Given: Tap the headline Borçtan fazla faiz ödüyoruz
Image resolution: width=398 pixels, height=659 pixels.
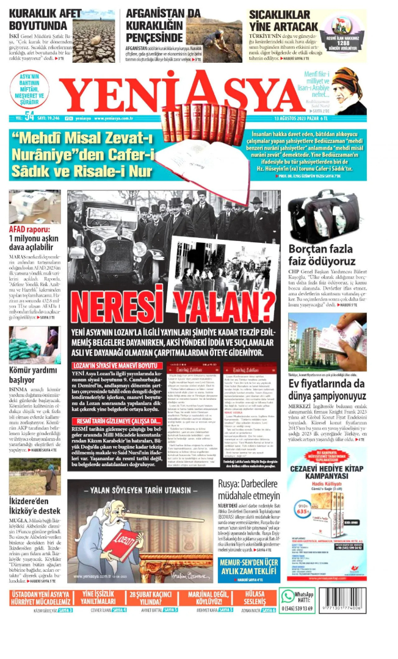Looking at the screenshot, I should point(320,255).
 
